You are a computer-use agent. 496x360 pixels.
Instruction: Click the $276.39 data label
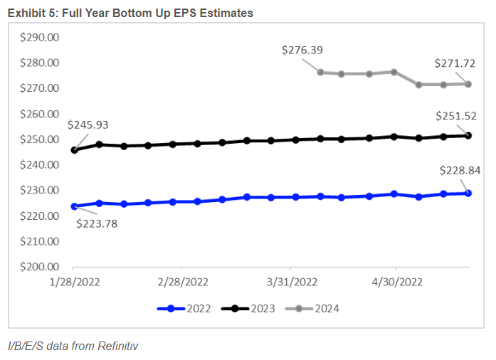click(302, 50)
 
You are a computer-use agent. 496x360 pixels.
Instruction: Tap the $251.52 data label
click(455, 116)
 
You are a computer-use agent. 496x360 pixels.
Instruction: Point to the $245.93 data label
click(88, 125)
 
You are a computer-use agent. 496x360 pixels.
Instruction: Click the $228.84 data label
click(455, 169)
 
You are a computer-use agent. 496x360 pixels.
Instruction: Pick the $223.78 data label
click(97, 223)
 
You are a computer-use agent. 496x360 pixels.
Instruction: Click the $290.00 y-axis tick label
click(40, 37)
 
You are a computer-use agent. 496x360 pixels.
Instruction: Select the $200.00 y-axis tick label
click(40, 267)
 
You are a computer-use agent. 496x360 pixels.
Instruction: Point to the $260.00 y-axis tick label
click(40, 114)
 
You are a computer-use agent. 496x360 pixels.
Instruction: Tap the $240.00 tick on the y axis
click(40, 165)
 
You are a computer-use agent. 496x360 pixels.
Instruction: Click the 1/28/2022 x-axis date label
click(75, 282)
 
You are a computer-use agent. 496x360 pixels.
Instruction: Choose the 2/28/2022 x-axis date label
click(184, 282)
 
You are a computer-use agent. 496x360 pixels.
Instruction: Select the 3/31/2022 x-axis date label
click(292, 282)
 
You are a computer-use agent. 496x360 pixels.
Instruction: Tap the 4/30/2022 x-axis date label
click(399, 282)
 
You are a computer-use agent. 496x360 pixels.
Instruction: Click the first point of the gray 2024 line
click(321, 72)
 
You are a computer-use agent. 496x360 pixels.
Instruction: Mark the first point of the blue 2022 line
click(75, 206)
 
